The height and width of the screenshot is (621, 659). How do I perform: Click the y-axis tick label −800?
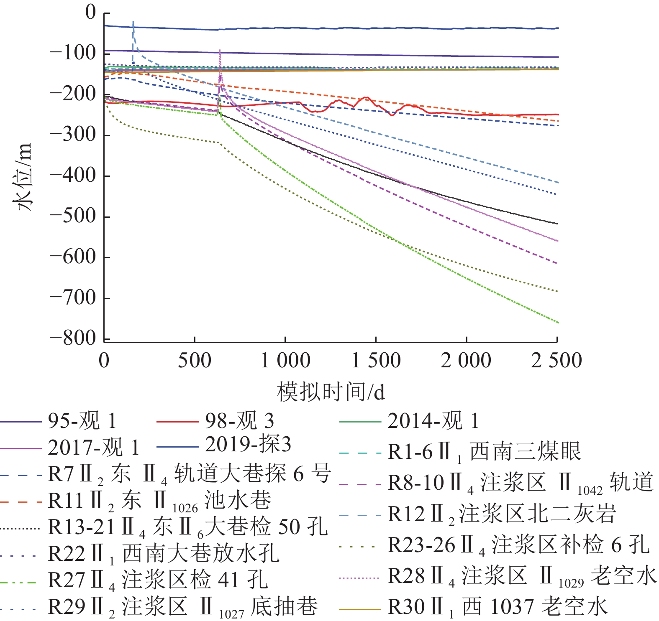tap(73, 338)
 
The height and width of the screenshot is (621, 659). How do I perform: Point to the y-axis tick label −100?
tap(73, 53)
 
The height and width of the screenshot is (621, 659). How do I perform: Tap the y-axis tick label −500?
tap(73, 216)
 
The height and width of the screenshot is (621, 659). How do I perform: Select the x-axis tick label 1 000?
tap(285, 360)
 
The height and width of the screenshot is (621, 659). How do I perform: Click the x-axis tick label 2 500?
tap(556, 360)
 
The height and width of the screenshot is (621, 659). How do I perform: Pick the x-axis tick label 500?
tap(195, 360)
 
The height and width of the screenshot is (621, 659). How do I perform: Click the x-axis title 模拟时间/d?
tap(331, 392)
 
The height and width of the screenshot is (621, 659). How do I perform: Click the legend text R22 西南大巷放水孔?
tap(163, 554)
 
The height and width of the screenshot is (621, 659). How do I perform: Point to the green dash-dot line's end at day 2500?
tap(557, 322)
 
